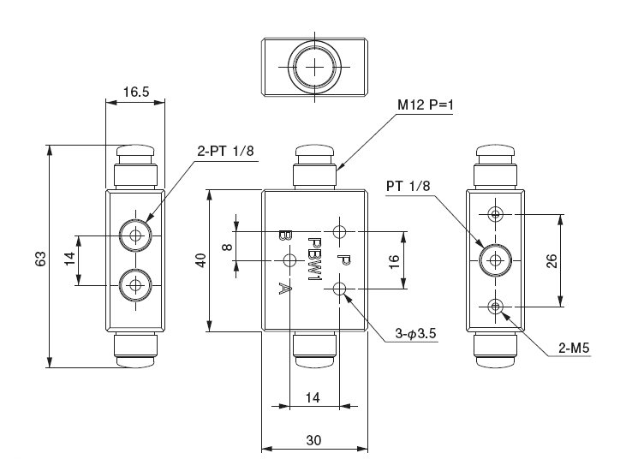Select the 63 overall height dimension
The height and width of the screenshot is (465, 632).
[x=39, y=259]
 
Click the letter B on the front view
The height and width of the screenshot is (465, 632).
[x=284, y=235]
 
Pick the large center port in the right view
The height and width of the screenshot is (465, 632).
[x=494, y=259]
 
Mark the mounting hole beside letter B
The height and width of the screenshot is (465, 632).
[x=289, y=260]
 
